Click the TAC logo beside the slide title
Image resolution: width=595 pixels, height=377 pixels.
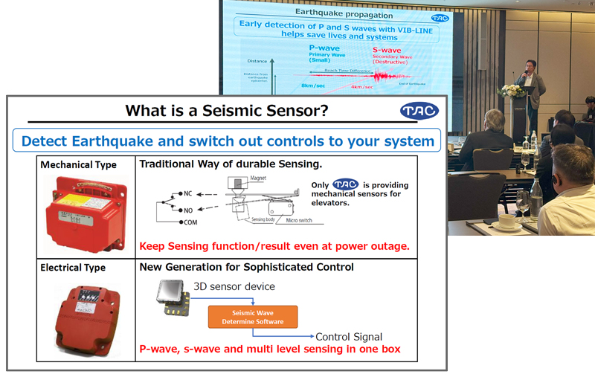pos(416,112)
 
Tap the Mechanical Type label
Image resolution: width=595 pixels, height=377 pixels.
pos(78,164)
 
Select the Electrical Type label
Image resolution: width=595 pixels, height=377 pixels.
pos(73,267)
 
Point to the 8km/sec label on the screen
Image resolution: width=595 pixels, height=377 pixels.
pos(312,86)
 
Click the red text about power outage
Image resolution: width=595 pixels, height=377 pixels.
pos(274,245)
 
